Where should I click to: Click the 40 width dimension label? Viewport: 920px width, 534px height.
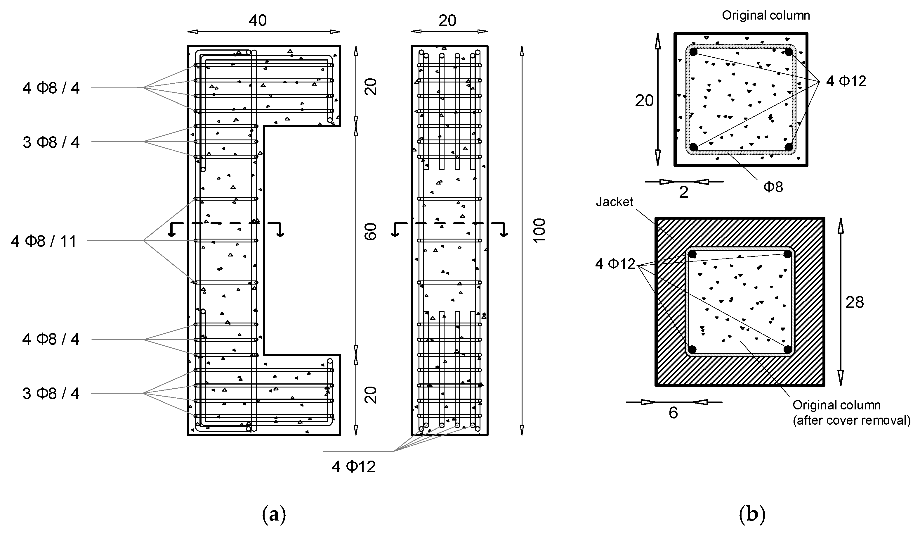[258, 21]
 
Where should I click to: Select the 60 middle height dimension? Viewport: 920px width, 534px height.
[371, 231]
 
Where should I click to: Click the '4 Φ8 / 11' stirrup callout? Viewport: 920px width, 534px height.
[44, 241]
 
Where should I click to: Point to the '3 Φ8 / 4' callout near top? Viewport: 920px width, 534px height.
[51, 142]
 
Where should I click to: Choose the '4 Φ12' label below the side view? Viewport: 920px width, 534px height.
[353, 467]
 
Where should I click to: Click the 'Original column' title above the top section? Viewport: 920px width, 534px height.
[766, 15]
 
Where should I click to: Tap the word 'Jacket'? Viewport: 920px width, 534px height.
[615, 201]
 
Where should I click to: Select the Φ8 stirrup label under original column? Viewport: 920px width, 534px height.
[773, 187]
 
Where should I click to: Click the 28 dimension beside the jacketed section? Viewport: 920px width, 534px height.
[855, 302]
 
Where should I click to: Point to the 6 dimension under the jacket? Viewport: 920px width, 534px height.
[673, 413]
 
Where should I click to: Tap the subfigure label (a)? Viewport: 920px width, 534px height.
[274, 515]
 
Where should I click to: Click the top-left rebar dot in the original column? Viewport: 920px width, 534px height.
[693, 52]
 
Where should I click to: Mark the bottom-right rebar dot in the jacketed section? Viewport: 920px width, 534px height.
[787, 349]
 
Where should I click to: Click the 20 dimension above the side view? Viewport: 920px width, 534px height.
[447, 21]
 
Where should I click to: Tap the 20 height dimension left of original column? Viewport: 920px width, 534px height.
[644, 101]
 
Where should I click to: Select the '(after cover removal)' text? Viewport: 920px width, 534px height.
[851, 420]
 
